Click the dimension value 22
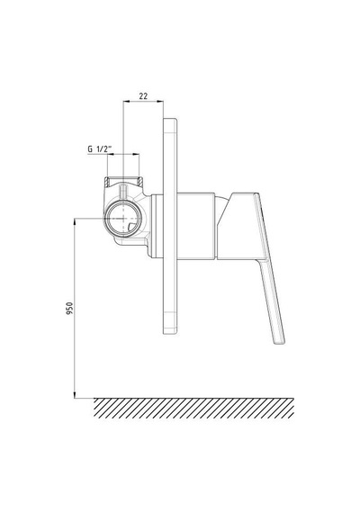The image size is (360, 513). (143, 96)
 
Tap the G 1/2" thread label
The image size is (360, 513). (100, 148)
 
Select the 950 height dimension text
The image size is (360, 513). (69, 309)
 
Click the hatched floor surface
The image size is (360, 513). (193, 408)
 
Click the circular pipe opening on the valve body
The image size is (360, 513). (123, 217)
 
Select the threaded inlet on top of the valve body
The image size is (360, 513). (123, 181)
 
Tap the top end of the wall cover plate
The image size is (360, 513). (170, 119)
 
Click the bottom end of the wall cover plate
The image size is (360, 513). (170, 333)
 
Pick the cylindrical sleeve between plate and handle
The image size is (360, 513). (196, 227)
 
